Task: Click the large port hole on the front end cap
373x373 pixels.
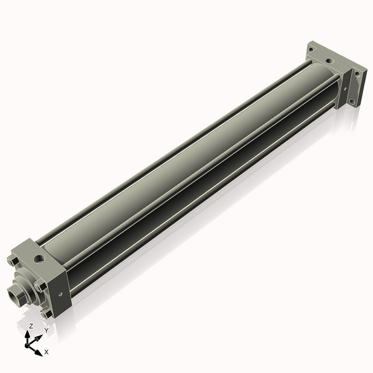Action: [x=40, y=257]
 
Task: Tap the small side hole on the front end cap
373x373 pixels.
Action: [x=60, y=295]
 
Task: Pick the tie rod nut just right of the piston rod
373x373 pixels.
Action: [x=39, y=286]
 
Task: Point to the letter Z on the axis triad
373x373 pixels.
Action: [x=30, y=326]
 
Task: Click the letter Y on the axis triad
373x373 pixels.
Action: [x=46, y=330]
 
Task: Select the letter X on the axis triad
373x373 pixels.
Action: [x=46, y=352]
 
